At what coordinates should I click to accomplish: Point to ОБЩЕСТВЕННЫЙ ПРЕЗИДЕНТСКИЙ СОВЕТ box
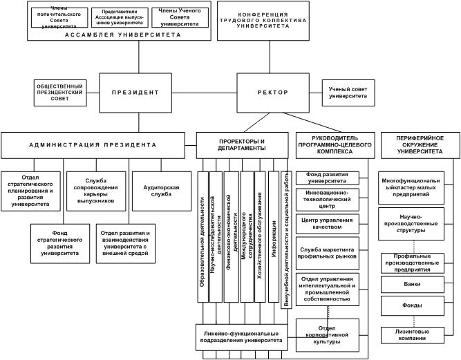59,93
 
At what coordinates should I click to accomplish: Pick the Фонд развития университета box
326,178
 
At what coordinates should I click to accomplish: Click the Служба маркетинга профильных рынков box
326,250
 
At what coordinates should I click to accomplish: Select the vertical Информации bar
273,235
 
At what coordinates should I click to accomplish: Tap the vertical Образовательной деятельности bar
203,235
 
